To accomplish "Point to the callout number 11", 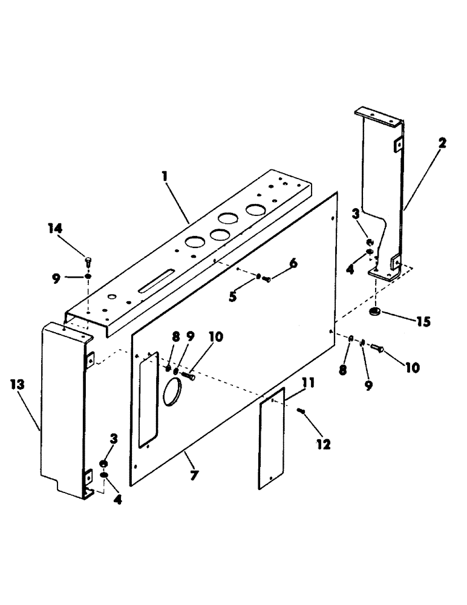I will point(291,383).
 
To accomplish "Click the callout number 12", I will point(323,445).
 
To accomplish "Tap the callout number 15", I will point(422,322).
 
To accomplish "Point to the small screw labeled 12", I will point(302,411).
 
